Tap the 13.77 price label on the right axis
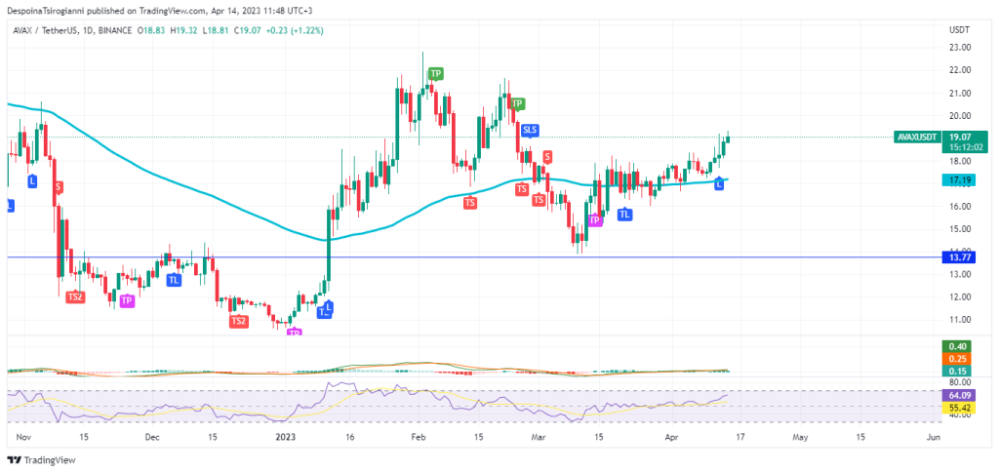957,256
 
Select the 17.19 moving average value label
957,180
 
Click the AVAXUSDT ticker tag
918,138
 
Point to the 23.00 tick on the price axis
958,47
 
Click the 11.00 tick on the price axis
958,319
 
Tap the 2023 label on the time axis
284,438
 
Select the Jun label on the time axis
933,438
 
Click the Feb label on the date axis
418,438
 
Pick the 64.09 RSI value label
957,395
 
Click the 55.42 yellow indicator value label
957,406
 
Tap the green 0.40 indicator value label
957,346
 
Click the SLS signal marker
530,129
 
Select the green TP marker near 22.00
435,73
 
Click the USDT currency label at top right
959,29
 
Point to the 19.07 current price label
959,138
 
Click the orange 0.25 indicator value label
957,359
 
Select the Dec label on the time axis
152,438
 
